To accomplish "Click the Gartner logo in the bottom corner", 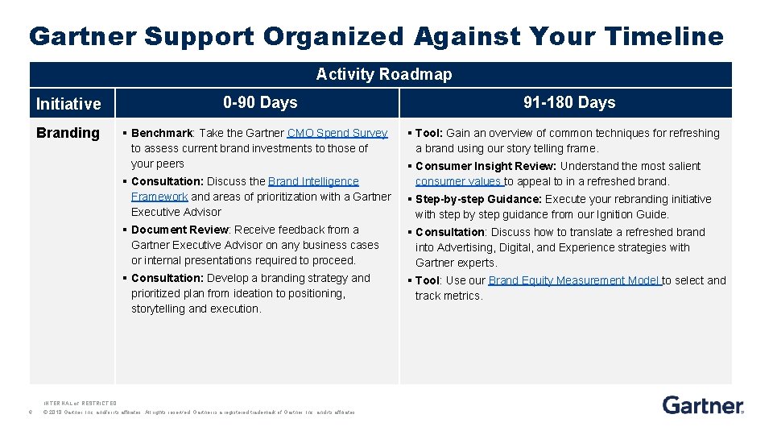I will tap(703, 404).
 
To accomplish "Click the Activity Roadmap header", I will tap(383, 74).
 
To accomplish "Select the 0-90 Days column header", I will tap(260, 102).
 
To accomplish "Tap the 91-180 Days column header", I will tap(568, 102).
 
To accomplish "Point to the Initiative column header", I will tap(68, 103).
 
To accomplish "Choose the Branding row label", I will tap(68, 133).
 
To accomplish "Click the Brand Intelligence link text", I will tap(313, 181).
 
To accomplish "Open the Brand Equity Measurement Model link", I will tap(574, 280).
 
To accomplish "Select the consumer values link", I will tap(458, 181).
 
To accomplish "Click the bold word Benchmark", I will tap(162, 133).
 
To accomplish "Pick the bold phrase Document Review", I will tap(180, 230).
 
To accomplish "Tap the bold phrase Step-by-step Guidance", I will tap(479, 199).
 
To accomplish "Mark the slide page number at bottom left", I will tap(29, 412).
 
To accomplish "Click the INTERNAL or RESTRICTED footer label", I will tap(80, 403).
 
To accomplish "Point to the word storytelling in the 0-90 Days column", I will tap(158, 309).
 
